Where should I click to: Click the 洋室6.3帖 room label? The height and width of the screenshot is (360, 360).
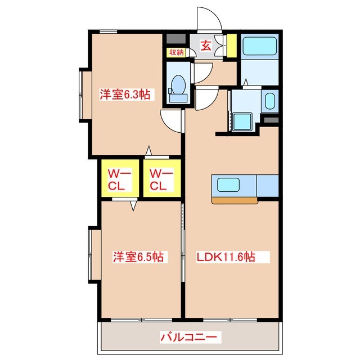[125, 94]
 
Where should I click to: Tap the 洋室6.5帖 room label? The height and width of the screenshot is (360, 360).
[138, 256]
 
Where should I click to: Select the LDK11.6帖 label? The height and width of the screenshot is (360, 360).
[226, 257]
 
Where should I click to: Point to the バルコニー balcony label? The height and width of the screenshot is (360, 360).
[188, 337]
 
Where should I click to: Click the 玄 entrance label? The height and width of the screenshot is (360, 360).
[206, 46]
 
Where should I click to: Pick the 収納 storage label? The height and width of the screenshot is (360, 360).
[177, 52]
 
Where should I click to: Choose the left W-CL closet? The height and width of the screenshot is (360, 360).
[120, 178]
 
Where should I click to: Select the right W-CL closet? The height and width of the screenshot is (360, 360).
[162, 178]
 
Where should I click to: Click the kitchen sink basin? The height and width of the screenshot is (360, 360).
[228, 185]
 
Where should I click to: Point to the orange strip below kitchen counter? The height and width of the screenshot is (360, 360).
[235, 200]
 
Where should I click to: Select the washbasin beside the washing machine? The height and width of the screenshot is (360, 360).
[270, 101]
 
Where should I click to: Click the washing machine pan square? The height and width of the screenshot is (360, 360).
[242, 121]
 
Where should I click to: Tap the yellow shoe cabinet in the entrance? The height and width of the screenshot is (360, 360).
[232, 46]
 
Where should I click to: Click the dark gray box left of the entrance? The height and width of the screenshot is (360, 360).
[176, 39]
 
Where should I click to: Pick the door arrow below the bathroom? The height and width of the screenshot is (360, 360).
[246, 82]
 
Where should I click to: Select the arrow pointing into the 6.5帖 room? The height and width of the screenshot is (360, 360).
[133, 206]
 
